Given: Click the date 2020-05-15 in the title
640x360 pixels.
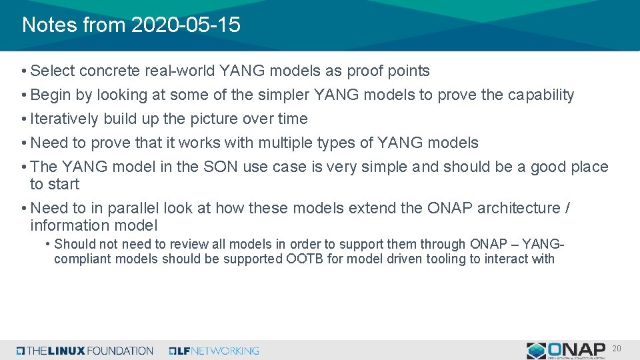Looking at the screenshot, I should (x=186, y=25).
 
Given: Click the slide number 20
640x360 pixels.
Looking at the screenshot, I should (x=617, y=349).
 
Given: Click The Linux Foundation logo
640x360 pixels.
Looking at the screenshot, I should (x=85, y=351).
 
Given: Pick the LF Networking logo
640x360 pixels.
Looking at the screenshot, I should (x=214, y=351).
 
